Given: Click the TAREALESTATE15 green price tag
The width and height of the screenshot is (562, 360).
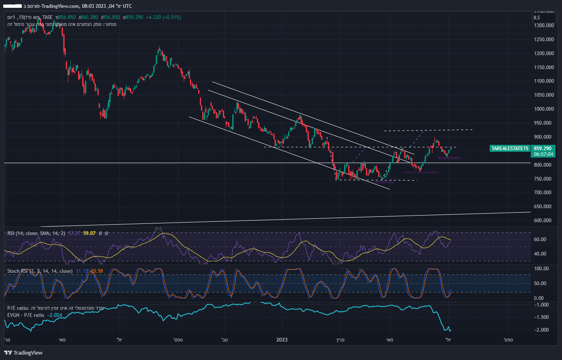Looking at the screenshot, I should [509, 148].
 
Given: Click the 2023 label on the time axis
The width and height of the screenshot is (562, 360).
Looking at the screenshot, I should [282, 340].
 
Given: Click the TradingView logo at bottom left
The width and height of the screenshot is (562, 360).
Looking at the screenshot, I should [23, 353].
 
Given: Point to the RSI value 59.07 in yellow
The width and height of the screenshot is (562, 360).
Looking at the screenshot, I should [89, 234].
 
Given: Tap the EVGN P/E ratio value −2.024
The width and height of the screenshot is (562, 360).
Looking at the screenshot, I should [54, 315].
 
